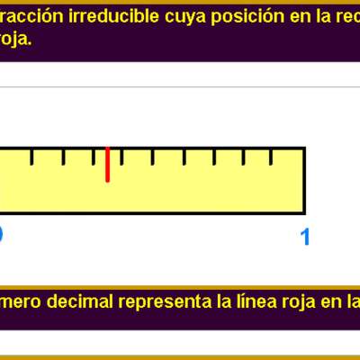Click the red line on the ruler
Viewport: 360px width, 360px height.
(107, 164)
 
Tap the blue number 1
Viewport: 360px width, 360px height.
(305, 237)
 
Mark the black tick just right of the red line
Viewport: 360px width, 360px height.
(121, 157)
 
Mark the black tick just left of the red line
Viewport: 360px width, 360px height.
(93, 157)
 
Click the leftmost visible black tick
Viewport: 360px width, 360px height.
(32, 157)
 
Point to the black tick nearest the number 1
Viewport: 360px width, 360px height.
(275, 157)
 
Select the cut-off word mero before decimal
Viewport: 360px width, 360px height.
(19, 301)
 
